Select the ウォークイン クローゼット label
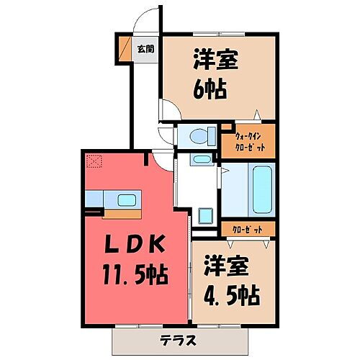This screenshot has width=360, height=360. (x=254, y=140)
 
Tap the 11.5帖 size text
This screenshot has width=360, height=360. (x=134, y=274)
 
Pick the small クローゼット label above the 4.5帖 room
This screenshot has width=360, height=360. (x=248, y=230)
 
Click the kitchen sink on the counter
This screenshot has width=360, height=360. (x=125, y=199)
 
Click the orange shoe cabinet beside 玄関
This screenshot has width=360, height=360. (x=122, y=48)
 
